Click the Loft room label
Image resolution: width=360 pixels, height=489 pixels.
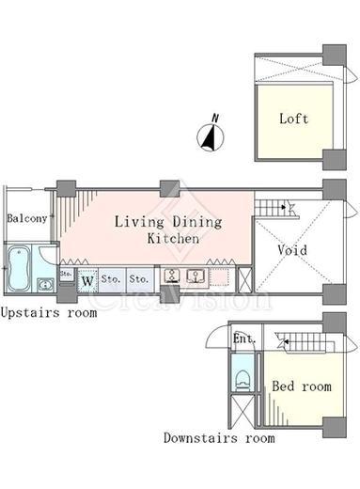(x=293, y=118)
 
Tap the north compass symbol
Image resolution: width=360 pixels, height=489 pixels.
(x=211, y=136)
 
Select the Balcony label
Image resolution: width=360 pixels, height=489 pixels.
(x=27, y=218)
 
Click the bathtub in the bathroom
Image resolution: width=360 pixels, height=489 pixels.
(x=19, y=269)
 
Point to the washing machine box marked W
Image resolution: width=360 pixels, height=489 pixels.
(x=87, y=280)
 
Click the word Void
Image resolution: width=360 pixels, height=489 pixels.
(x=292, y=250)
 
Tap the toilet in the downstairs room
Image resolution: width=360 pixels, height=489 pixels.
(x=242, y=381)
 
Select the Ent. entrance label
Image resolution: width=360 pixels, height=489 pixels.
(x=244, y=339)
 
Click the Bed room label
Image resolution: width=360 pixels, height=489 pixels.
(x=302, y=386)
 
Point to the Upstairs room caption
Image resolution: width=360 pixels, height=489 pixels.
(x=49, y=313)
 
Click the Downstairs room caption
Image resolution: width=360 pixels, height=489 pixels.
(x=219, y=438)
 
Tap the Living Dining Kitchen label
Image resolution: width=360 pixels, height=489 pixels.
(x=168, y=229)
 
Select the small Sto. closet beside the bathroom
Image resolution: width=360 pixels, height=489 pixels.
(x=66, y=274)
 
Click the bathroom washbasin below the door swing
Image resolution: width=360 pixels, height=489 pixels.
(x=45, y=285)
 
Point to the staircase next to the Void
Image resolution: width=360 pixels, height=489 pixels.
(x=274, y=207)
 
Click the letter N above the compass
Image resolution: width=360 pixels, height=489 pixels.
(x=215, y=118)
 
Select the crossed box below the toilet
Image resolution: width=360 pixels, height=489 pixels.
(x=243, y=411)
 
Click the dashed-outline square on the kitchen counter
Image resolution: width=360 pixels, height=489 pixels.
(x=219, y=277)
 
